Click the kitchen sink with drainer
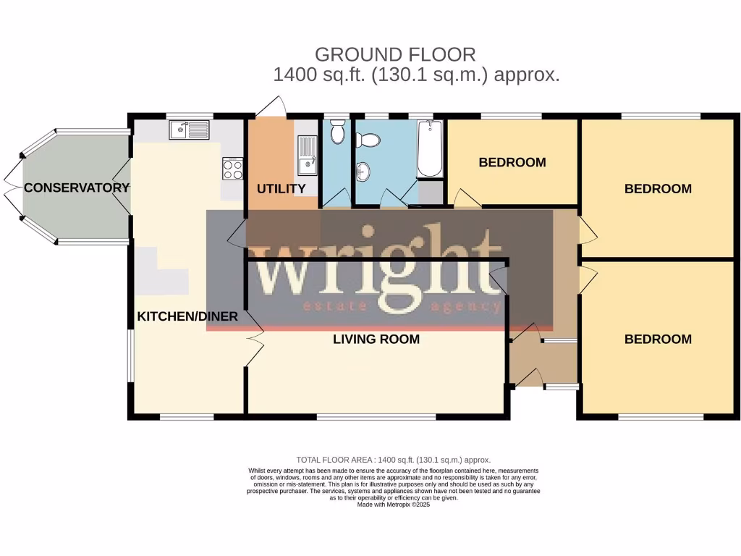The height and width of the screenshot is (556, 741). [188, 130]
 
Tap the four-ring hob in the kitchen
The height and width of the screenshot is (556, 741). [232, 169]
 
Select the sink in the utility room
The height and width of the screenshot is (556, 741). [308, 155]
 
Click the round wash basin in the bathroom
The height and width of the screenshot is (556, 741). [363, 171]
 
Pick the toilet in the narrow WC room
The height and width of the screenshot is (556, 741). [336, 132]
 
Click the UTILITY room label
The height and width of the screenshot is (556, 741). [281, 189]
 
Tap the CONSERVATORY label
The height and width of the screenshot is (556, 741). [77, 188]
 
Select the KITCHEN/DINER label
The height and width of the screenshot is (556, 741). [187, 316]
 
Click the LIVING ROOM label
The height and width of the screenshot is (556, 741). [376, 339]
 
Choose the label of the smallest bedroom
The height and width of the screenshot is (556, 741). [512, 162]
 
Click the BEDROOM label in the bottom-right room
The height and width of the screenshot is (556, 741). [658, 339]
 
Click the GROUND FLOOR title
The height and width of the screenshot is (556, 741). [395, 54]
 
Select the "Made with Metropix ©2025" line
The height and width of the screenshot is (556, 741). [394, 505]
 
